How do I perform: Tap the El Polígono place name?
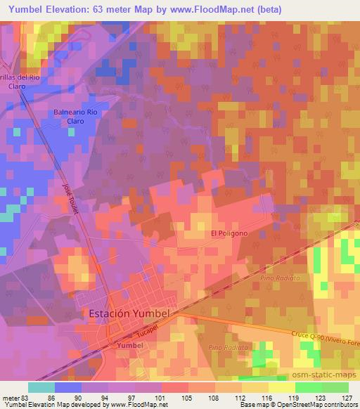click(x=229, y=234)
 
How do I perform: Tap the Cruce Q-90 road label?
click(x=324, y=337)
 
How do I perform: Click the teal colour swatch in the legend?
click(x=41, y=387)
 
